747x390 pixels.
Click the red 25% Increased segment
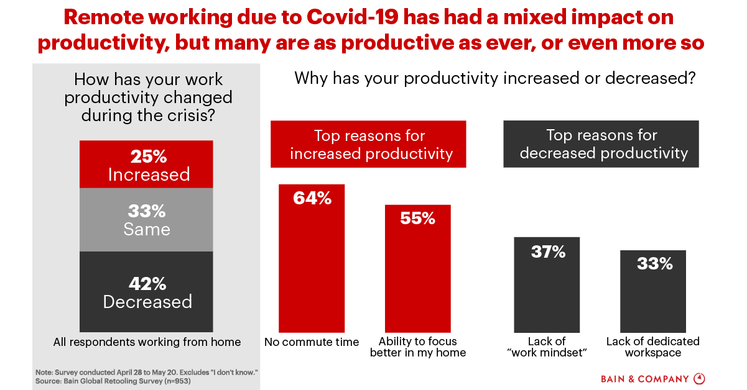(147, 165)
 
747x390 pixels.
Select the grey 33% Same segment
(147, 220)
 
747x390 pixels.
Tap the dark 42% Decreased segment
(147, 292)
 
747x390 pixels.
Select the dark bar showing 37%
(547, 285)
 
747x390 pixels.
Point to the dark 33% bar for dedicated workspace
(653, 292)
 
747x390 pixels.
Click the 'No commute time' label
(312, 342)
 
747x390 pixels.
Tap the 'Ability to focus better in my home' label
(417, 347)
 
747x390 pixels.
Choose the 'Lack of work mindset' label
(547, 347)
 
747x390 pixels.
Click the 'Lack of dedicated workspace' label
(653, 347)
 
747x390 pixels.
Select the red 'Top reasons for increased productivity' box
(368, 144)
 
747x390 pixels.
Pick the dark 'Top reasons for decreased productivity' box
(601, 144)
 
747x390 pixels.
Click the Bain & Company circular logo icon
(698, 378)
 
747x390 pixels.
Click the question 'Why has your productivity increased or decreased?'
(494, 79)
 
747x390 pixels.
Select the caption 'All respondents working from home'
(147, 342)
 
